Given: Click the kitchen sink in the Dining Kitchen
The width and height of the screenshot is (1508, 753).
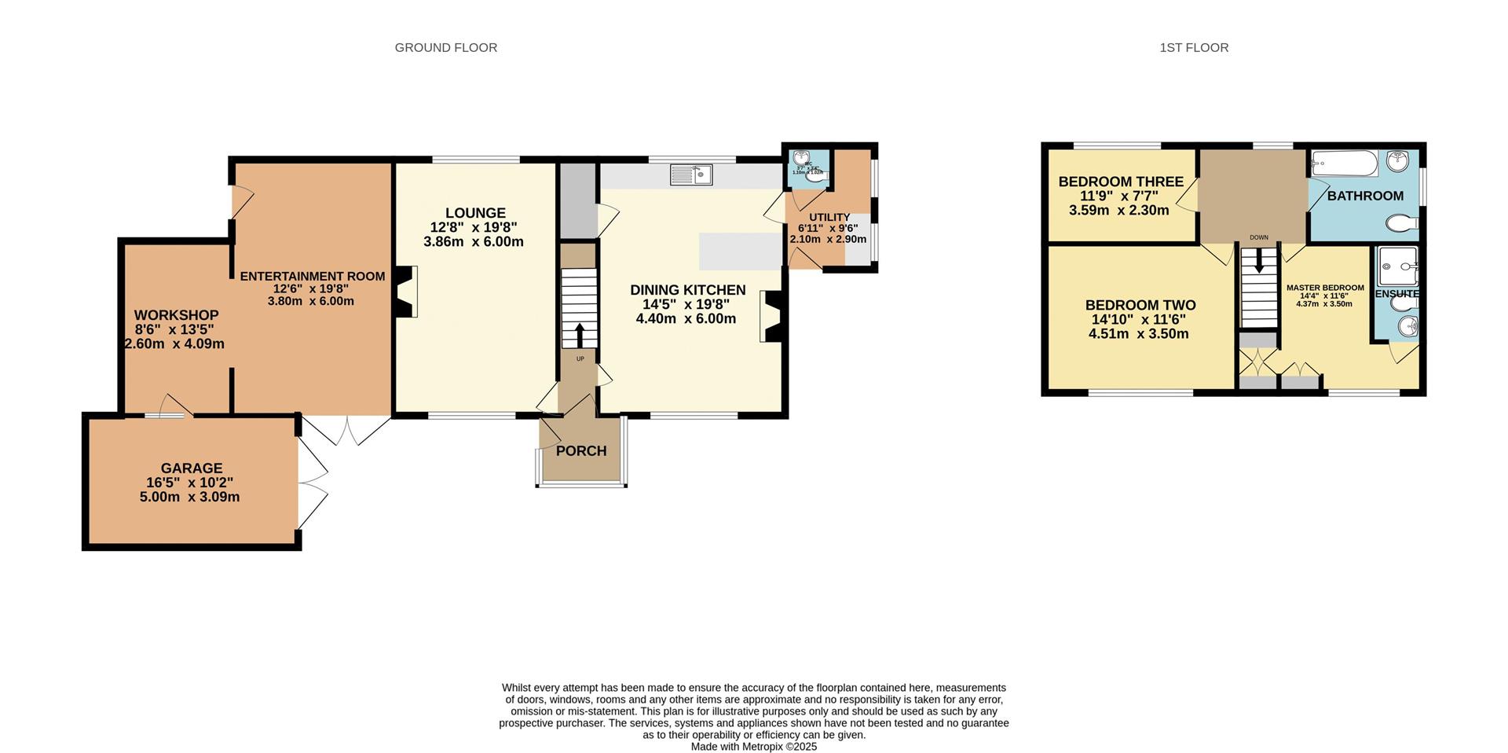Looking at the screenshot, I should tap(691, 174).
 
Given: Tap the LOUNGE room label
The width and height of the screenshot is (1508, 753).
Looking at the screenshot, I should tap(475, 213).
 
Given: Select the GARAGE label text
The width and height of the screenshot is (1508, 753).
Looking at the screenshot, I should tap(192, 468).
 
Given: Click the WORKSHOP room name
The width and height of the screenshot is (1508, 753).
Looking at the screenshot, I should tap(176, 315).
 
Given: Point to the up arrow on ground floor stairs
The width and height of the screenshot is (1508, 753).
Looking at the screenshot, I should tap(580, 336).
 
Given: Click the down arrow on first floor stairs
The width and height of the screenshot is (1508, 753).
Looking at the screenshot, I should tap(1259, 262).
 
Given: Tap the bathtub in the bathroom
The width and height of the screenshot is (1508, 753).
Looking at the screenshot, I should tap(1344, 163).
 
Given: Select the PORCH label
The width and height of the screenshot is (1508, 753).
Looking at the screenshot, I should tap(581, 451).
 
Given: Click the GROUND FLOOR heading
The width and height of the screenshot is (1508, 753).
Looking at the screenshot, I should tap(445, 48).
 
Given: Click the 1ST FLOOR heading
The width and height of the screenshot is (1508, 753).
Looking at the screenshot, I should tap(1194, 48).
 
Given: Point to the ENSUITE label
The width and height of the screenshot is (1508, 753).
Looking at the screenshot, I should tap(1396, 294).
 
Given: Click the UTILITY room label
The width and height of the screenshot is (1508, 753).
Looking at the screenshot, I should tap(829, 218).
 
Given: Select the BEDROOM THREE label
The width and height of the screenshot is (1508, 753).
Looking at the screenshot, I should tap(1121, 182).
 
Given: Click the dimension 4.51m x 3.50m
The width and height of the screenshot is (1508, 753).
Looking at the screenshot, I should tap(1138, 334).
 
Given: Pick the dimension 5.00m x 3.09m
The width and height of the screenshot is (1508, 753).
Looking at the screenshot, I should tap(189, 498).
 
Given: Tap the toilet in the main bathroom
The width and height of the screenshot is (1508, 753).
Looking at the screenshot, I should tap(1403, 224).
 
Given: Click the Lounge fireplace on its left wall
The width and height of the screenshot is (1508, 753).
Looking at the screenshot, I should tap(407, 292).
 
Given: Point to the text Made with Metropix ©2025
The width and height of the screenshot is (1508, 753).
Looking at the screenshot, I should tap(753, 747).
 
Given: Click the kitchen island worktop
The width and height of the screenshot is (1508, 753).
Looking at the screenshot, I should tap(739, 251).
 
